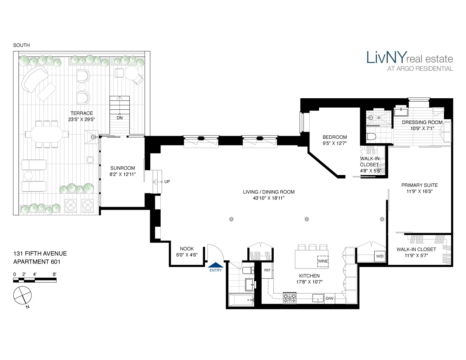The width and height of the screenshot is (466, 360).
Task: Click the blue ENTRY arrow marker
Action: [216, 265]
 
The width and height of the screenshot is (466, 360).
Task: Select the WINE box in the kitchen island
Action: [323, 261]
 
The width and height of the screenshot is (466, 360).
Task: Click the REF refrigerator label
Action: [267, 270]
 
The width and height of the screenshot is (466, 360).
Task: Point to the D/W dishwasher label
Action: [330, 299]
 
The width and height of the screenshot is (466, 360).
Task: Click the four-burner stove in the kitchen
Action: [290, 298]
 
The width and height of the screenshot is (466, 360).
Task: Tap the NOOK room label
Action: [187, 249]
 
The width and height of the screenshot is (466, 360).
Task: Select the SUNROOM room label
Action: [122, 168]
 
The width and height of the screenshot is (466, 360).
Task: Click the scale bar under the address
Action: [35, 280]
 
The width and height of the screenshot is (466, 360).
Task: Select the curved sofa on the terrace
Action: [34, 79]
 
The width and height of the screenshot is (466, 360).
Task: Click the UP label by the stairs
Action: [167, 182]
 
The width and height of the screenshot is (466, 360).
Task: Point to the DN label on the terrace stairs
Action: [120, 118]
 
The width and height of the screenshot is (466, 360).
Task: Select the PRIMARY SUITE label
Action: [419, 185]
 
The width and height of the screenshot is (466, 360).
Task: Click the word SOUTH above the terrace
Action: [21, 45]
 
